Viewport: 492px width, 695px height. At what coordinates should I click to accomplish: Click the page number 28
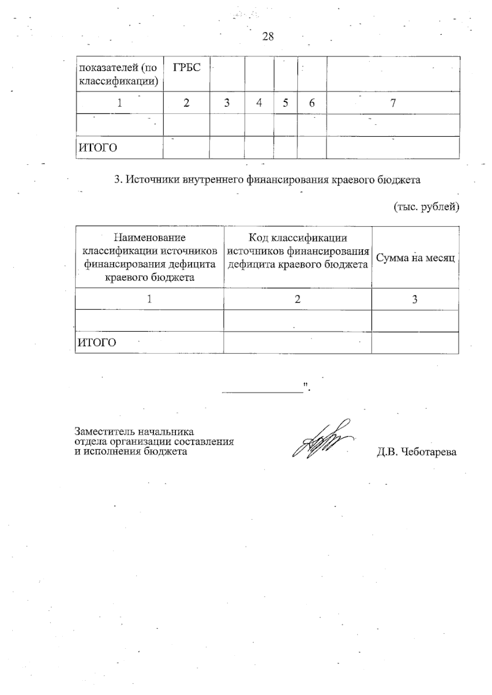coord(268,37)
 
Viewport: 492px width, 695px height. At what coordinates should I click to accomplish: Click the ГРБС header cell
coord(187,68)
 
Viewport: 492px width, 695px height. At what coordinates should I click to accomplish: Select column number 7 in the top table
coord(393,103)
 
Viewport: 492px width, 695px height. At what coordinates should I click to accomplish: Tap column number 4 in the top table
coord(259,103)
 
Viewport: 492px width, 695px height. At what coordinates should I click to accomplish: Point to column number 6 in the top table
coord(312,103)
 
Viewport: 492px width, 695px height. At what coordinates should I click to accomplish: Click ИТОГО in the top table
coord(98,147)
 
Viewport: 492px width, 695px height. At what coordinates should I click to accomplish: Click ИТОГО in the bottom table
coord(97,342)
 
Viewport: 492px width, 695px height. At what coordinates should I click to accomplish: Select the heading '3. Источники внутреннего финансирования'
coord(267,180)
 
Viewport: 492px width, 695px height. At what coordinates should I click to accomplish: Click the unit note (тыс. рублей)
coord(426,207)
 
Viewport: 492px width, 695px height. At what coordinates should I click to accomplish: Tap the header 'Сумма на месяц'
coord(415,258)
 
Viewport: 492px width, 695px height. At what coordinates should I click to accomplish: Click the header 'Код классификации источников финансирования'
coord(298,251)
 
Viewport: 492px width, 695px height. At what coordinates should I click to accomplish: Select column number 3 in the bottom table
coord(415,299)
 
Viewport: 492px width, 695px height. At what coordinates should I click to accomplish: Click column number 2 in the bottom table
coord(298,299)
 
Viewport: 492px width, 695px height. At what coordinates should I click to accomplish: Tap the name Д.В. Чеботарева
coord(417,452)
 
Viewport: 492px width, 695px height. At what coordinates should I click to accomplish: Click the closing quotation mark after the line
coord(305,385)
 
